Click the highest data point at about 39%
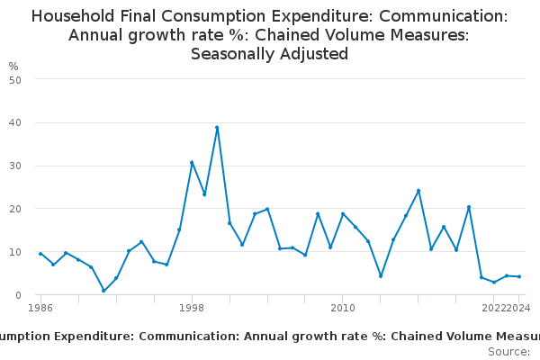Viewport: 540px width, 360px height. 217,128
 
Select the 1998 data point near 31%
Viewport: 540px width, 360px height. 192,162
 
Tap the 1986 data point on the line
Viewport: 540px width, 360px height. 40,254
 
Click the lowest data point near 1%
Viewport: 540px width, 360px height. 103,291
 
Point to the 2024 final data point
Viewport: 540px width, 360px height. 519,276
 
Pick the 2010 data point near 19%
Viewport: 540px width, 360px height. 343,213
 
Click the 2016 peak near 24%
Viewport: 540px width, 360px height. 418,191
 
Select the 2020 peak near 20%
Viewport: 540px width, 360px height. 469,207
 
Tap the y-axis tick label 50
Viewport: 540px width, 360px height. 15,79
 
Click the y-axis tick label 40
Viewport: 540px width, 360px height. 15,122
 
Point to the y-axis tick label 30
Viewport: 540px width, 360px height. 15,166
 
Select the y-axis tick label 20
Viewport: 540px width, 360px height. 15,209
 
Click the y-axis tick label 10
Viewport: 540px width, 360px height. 15,252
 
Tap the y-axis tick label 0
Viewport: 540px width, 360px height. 18,295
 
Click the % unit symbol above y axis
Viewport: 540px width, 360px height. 13,67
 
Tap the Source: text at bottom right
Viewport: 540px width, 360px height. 508,352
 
